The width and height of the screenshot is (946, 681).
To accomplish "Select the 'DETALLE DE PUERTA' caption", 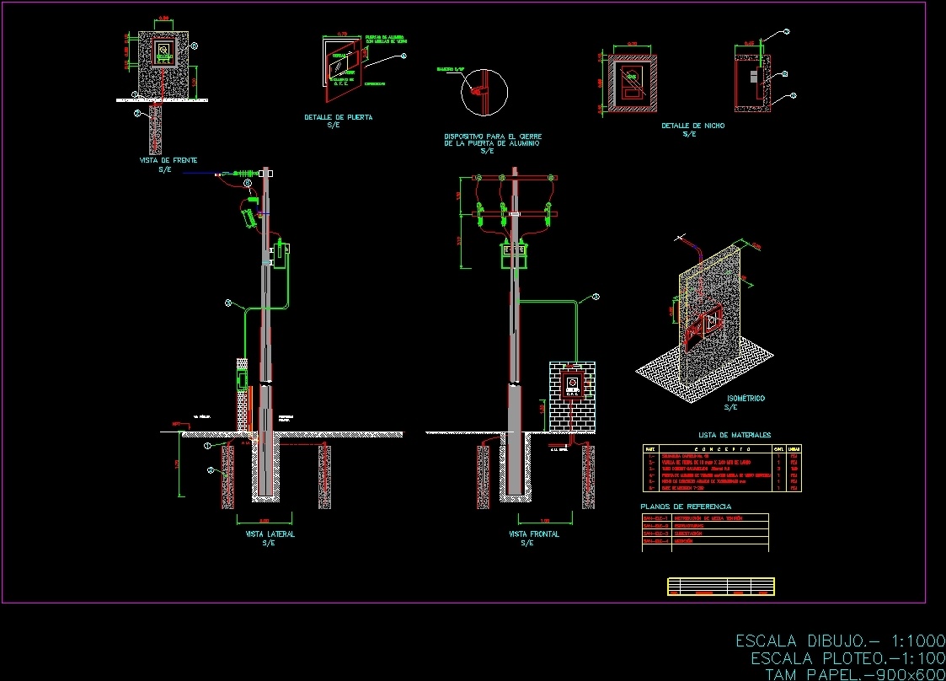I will [338, 117].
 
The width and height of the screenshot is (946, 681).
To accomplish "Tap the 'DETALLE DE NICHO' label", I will [692, 126].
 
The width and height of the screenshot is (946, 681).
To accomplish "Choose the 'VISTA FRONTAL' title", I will [533, 534].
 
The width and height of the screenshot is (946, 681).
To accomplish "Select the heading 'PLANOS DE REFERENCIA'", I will [686, 506].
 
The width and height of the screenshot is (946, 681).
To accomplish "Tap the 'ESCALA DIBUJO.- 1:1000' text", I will [840, 641].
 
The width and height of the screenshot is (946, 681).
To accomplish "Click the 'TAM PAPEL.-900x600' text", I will [852, 674].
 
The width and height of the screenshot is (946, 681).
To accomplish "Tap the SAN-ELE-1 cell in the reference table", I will [655, 517].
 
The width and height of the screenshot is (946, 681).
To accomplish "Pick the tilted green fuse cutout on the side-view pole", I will [248, 217].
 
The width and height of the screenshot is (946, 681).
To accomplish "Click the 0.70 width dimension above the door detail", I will [342, 35].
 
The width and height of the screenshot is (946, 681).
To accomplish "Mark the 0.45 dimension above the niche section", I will [750, 42].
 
